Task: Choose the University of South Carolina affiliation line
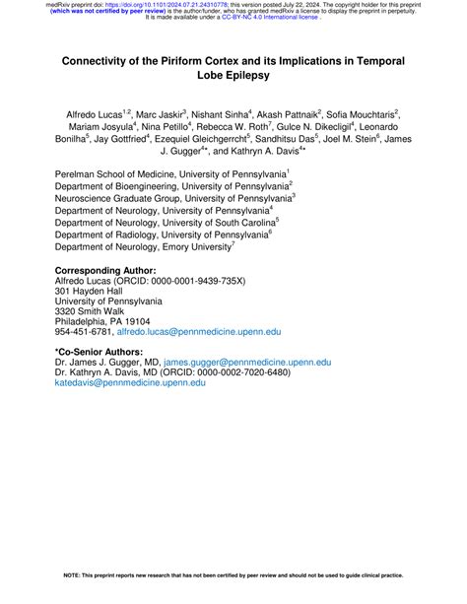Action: tap(167, 222)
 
